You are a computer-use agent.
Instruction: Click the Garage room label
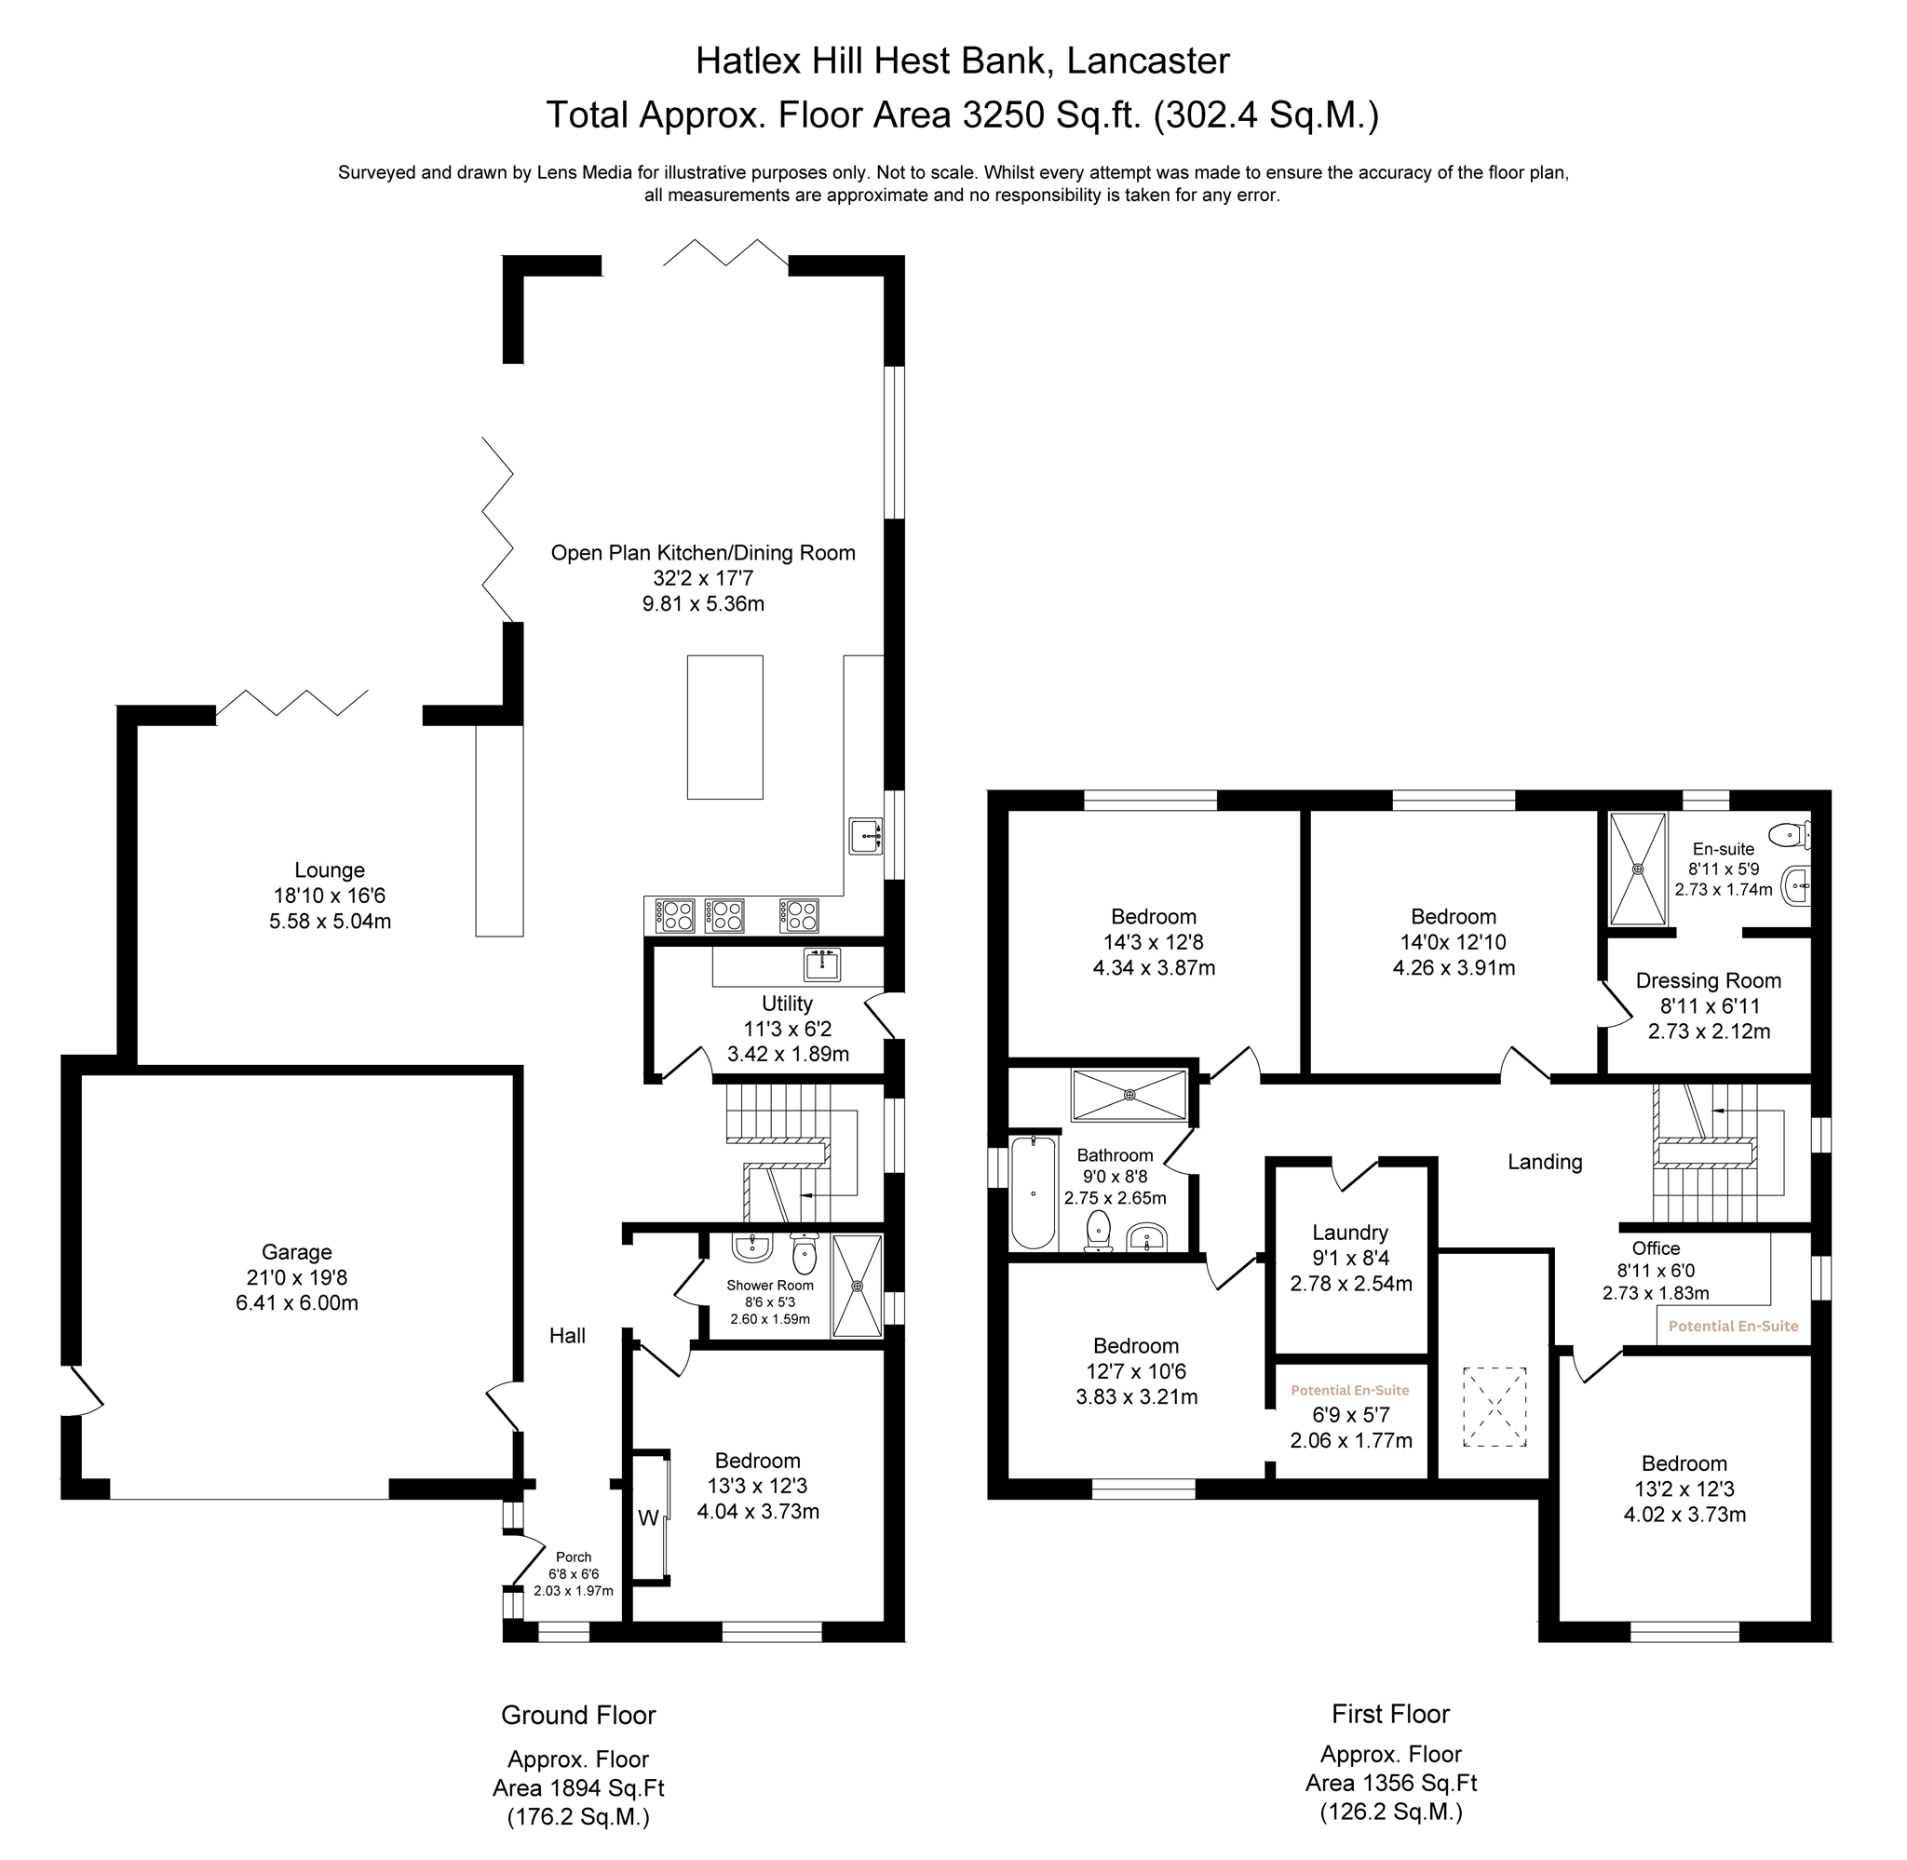pos(297,1251)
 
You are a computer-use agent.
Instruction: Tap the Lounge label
pos(331,869)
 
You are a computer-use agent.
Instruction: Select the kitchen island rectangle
pos(724,727)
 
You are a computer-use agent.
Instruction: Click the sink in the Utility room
pos(822,964)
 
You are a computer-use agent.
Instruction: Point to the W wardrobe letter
pos(648,1518)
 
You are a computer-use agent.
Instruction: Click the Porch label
pos(574,1557)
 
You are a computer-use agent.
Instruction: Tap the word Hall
pos(568,1335)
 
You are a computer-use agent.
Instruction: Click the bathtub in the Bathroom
pos(1033,1193)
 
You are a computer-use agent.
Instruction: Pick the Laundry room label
pos(1350,1232)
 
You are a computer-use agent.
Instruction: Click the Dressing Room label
pos(1709,980)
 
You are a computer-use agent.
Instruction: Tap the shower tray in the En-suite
pos(1637,868)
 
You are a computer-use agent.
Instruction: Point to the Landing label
pos(1545,1162)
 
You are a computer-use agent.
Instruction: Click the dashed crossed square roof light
pos(1494,1407)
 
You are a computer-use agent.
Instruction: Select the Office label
pos(1656,1248)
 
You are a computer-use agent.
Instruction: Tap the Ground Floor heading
pos(578,1715)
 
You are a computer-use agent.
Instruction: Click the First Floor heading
pos(1390,1714)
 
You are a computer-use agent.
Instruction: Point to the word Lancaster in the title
pos(1148,61)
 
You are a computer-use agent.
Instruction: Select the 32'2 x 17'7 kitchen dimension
pos(703,578)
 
